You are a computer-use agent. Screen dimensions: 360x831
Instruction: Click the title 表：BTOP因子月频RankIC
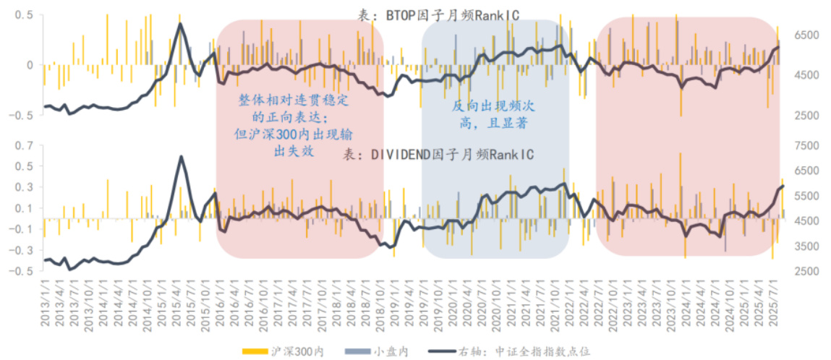click(x=438, y=14)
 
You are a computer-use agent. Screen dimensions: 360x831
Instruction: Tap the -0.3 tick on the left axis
click(x=24, y=250)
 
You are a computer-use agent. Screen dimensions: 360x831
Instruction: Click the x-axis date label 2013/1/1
click(x=45, y=304)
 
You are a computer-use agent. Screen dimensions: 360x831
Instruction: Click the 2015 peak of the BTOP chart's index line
click(x=180, y=24)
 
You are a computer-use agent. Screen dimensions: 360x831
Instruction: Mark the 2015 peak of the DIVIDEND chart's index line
click(x=181, y=157)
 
